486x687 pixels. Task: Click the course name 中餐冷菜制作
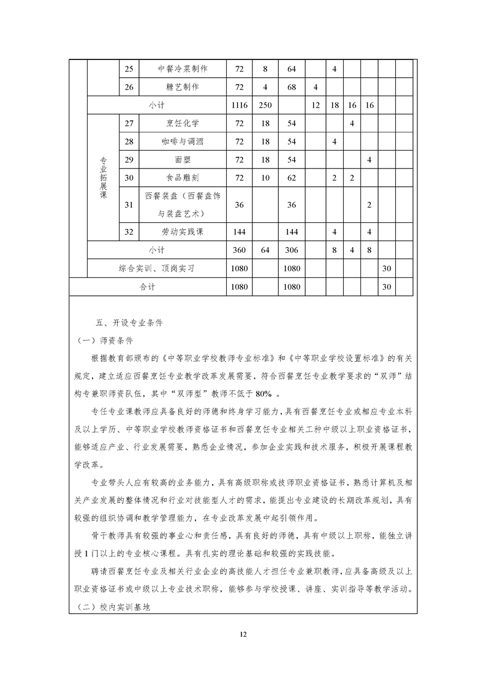183,69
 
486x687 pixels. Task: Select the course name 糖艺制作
183,87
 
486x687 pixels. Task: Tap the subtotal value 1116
240,105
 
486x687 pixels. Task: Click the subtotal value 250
265,105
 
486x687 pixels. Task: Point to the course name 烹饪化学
183,124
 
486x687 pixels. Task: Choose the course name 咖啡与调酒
183,142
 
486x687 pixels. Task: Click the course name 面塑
183,160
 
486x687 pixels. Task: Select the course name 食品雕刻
183,178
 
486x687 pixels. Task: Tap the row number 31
129,205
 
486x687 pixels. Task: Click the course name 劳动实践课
183,233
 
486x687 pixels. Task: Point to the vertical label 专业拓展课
103,178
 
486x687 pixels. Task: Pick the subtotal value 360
240,250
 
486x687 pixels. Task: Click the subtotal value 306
291,250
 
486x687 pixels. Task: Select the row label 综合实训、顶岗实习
156,268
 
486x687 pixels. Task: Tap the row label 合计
148,286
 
